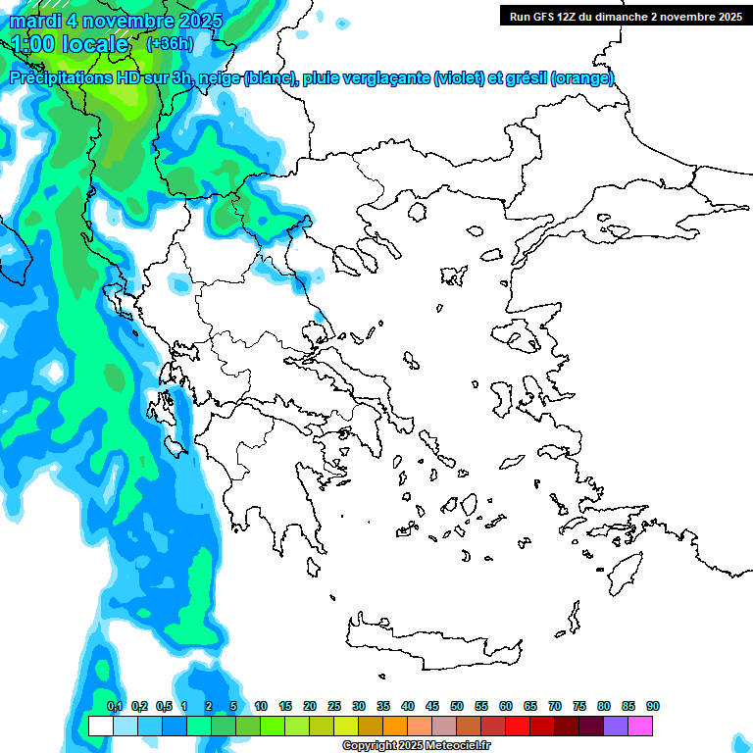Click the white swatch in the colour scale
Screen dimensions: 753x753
[x=100, y=727]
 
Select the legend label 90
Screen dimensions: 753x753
[x=653, y=706]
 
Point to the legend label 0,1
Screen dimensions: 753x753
[x=115, y=706]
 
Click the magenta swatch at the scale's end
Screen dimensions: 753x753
[x=640, y=727]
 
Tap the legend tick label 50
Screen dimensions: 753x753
[x=457, y=706]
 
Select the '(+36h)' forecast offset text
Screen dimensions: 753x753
[x=170, y=43]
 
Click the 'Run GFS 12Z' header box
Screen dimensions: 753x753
[x=624, y=16]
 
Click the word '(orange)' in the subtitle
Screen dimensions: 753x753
[x=582, y=78]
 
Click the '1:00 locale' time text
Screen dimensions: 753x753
[x=71, y=44]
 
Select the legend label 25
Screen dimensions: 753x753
[x=334, y=706]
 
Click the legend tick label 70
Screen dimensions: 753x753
[x=555, y=706]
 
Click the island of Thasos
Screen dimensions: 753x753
[x=417, y=211]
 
